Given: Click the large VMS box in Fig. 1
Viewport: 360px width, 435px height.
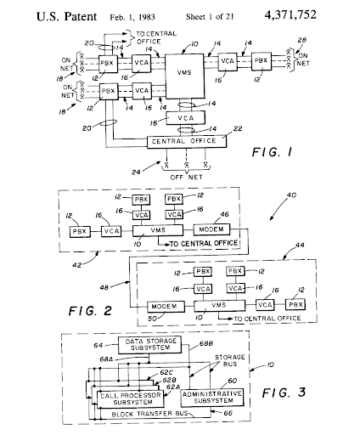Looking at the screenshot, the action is pyautogui.click(x=184, y=76).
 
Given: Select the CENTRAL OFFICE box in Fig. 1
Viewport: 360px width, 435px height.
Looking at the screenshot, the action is pyautogui.click(x=187, y=141).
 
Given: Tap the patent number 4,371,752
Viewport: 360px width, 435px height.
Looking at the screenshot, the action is pyautogui.click(x=290, y=15).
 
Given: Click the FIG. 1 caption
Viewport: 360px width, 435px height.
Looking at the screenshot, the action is pyautogui.click(x=272, y=152).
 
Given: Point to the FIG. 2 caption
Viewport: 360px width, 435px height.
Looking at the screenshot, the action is pyautogui.click(x=90, y=311).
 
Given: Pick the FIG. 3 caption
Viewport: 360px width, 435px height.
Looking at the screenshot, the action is pyautogui.click(x=284, y=393).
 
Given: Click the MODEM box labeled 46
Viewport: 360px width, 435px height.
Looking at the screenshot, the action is pyautogui.click(x=211, y=229).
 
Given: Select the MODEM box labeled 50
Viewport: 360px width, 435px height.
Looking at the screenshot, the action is pyautogui.click(x=166, y=307).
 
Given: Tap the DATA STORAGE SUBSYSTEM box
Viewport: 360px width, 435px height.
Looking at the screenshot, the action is pyautogui.click(x=149, y=345).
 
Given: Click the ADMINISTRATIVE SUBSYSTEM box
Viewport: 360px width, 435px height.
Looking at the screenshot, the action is pyautogui.click(x=212, y=397).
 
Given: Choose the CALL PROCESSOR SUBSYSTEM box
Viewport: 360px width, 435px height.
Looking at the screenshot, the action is pyautogui.click(x=131, y=399).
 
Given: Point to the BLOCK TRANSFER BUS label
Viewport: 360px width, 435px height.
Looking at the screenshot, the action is pyautogui.click(x=150, y=414).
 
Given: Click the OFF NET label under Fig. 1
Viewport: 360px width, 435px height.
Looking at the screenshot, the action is pyautogui.click(x=187, y=178).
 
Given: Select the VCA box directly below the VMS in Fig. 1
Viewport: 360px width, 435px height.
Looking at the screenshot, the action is pyautogui.click(x=186, y=118).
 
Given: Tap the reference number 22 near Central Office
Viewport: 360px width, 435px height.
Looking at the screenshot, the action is pyautogui.click(x=238, y=128).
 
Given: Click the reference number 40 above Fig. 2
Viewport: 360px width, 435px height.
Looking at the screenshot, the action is pyautogui.click(x=291, y=195).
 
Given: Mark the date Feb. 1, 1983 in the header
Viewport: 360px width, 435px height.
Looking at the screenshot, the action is pyautogui.click(x=132, y=17).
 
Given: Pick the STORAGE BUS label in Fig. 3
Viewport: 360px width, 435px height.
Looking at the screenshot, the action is pyautogui.click(x=230, y=360).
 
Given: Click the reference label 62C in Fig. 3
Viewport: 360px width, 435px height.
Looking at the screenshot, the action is pyautogui.click(x=166, y=372).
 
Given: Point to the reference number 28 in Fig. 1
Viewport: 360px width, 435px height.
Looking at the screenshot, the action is pyautogui.click(x=302, y=40).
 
